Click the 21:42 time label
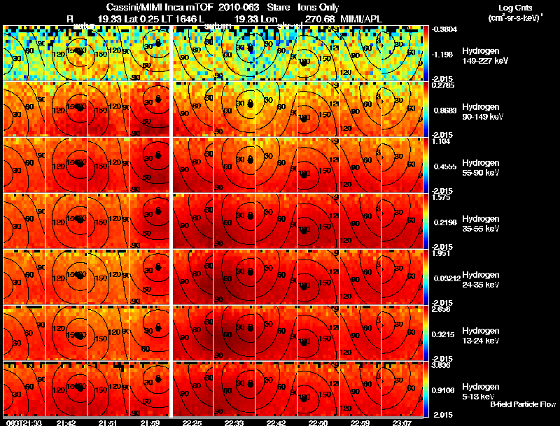[x=66, y=423]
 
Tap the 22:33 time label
[x=234, y=423]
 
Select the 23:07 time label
[x=402, y=423]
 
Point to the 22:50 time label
[x=318, y=423]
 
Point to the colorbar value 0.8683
[x=446, y=110]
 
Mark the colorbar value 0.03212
[x=446, y=278]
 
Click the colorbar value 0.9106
[x=446, y=390]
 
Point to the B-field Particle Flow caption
[x=522, y=405]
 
